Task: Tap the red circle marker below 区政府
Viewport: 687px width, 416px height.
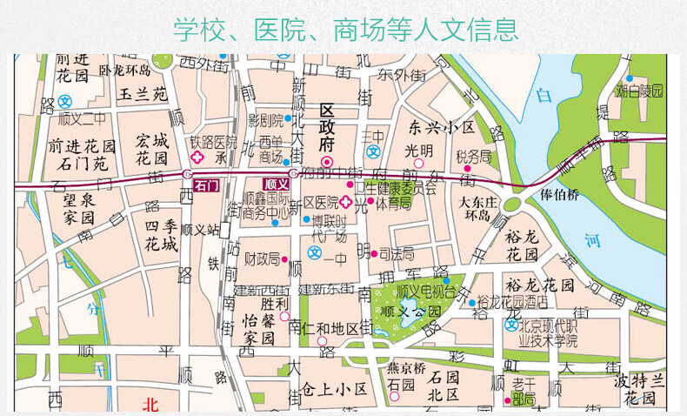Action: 327,162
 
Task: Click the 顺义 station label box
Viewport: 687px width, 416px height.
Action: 276,185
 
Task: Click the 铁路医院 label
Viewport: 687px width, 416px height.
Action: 213,142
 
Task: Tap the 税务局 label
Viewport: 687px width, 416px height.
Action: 473,156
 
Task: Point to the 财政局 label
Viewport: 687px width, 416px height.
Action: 261,258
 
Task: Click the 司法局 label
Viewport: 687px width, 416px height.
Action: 397,254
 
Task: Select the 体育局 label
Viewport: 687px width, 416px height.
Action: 393,203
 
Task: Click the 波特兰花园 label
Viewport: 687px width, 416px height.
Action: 639,389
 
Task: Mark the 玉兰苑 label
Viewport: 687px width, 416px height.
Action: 143,93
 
